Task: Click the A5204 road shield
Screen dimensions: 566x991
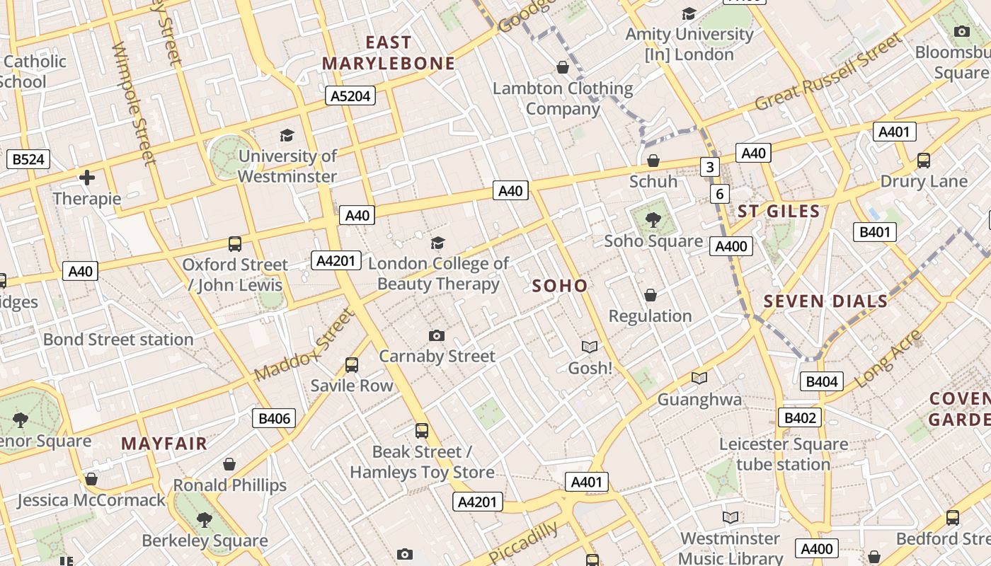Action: coord(350,96)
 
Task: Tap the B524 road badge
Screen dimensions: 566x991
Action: coord(28,159)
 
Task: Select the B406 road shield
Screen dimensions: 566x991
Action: coord(274,418)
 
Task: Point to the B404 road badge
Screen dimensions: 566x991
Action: coord(822,382)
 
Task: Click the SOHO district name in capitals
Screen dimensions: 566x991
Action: coord(559,286)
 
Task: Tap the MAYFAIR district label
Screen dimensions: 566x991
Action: coord(164,444)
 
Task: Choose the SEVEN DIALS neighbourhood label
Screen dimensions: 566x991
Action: coord(825,301)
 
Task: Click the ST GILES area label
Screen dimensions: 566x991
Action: coord(779,211)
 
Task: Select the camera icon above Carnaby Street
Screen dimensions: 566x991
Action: coord(437,335)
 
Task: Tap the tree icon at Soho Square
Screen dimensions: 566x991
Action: coord(653,220)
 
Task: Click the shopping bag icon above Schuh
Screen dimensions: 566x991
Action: coord(653,161)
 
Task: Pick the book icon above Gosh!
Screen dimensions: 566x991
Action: coord(590,347)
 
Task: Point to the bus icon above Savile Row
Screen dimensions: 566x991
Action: coord(352,365)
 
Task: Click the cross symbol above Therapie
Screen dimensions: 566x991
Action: coord(87,178)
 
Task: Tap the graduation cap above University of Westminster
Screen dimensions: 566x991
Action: coord(287,135)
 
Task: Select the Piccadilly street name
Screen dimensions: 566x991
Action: coord(522,543)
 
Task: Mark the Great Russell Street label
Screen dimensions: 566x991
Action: coord(829,72)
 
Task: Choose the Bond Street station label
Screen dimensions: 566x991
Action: coord(118,340)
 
